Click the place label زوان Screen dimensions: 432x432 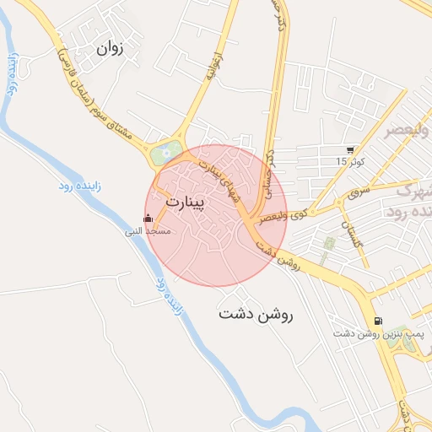point(111,48)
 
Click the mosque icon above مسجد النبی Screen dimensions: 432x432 point(149,219)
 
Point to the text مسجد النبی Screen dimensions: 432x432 point(148,230)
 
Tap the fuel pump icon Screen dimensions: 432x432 point(377,321)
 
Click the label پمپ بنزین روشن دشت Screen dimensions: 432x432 point(364,335)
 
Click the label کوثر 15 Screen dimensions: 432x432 point(349,161)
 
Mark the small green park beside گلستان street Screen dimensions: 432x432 point(329,244)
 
